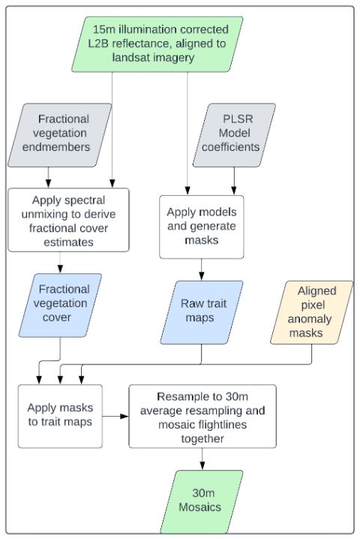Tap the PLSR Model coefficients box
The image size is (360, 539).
(235, 133)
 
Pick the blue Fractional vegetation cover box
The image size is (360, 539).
(63, 303)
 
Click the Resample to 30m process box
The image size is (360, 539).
(202, 416)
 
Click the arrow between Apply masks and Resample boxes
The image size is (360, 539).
(115, 416)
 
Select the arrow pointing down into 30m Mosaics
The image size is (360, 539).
(202, 459)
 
